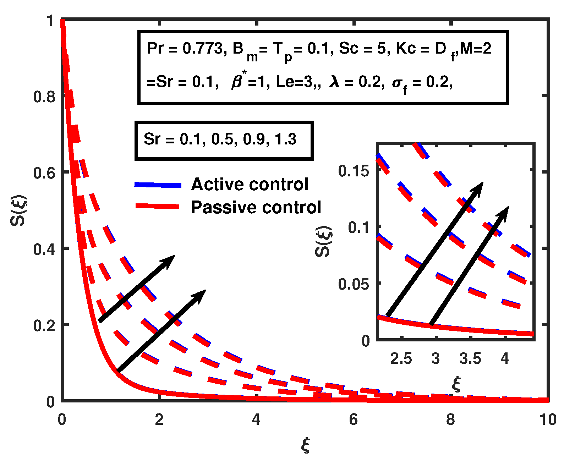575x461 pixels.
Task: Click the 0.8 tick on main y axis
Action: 44,97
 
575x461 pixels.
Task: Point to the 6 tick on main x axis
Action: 353,420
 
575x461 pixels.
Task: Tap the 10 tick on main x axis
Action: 548,420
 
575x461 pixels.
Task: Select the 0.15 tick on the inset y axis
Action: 354,171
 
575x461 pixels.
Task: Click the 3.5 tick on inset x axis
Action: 470,359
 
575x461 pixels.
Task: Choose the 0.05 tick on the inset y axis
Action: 354,284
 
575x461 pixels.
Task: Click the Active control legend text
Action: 250,185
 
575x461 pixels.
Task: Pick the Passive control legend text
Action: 256,207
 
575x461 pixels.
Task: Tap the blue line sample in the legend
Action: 158,185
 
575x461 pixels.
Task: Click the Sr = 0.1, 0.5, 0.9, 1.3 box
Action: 224,141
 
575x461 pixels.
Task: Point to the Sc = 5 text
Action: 362,49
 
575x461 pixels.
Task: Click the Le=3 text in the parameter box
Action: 295,82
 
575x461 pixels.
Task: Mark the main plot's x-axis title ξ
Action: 306,445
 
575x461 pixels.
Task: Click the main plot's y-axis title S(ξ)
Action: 18,210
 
